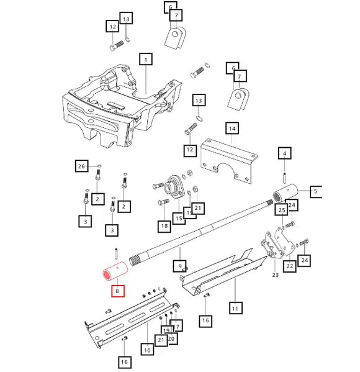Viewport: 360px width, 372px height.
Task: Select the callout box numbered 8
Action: point(116,291)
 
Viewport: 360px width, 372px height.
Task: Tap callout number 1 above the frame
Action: point(145,60)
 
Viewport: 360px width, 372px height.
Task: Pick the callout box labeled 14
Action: point(232,129)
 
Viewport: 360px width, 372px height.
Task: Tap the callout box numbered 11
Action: point(235,307)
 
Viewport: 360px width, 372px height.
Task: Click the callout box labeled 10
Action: point(147,351)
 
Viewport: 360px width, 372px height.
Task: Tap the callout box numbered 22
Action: point(289,266)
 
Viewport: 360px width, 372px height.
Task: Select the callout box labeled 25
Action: point(281,211)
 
